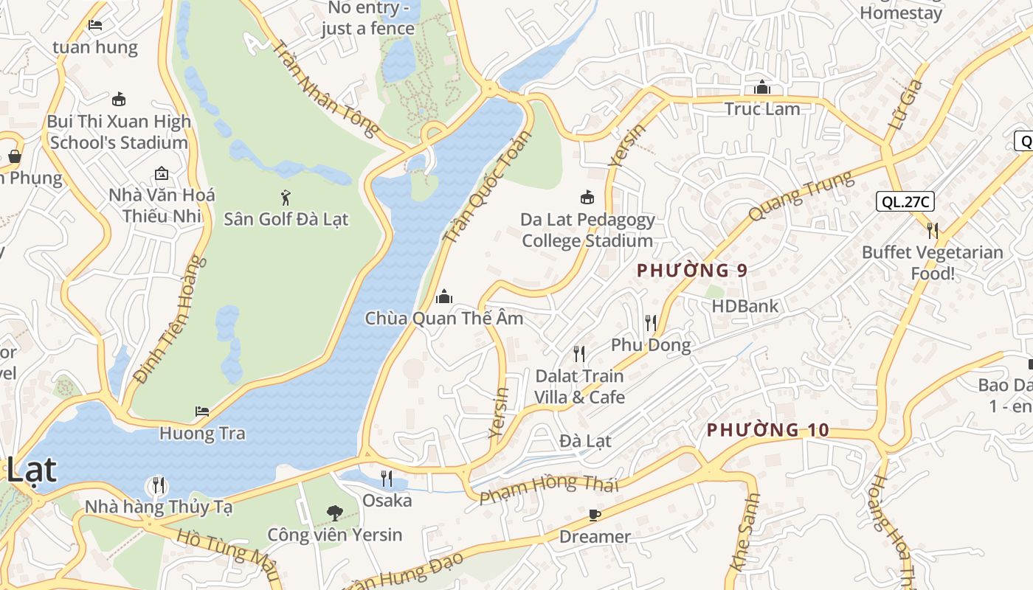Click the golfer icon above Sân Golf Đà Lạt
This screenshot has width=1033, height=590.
(x=286, y=197)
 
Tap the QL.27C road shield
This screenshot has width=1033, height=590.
(x=905, y=201)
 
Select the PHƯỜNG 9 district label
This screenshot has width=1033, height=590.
(x=692, y=271)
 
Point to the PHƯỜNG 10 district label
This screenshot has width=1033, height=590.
(x=768, y=430)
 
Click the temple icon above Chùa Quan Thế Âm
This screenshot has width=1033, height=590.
(x=444, y=296)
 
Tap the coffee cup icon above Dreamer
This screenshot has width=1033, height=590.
(x=595, y=515)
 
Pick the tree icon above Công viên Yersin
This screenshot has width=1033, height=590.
(x=335, y=513)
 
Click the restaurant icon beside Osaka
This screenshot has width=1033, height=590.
(x=387, y=479)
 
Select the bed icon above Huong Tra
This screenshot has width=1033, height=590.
(x=202, y=412)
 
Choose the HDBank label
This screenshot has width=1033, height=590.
(x=745, y=306)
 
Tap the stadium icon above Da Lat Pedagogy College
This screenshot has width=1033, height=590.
(x=587, y=197)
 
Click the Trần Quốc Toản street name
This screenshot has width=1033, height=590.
(x=487, y=187)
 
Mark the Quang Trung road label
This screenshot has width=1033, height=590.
(x=801, y=195)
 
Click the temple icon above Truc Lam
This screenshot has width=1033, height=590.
(x=762, y=87)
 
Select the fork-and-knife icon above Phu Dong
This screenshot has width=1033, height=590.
(x=650, y=322)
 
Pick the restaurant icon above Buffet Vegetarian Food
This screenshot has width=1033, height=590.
(x=933, y=230)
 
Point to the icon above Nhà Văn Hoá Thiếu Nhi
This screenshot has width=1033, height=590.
(x=162, y=173)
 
